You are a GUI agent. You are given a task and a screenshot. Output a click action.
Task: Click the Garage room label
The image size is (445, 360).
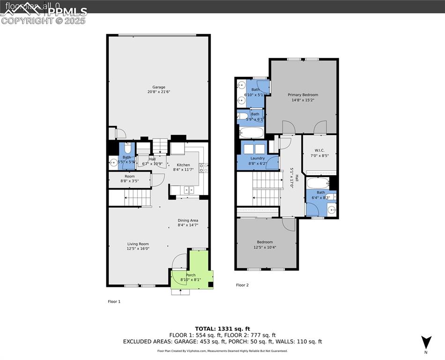pyautogui.click(x=158, y=90)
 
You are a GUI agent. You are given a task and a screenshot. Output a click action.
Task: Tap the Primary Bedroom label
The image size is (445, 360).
pyautogui.click(x=303, y=97)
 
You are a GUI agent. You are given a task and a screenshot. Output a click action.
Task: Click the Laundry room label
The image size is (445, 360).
pyautogui.click(x=257, y=161)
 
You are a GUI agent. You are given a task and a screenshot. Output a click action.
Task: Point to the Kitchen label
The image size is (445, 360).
pyautogui.click(x=183, y=167)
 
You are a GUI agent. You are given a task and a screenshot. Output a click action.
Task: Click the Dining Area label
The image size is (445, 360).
pyautogui.click(x=187, y=223)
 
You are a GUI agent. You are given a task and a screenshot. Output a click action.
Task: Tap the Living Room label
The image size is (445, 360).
pyautogui.click(x=138, y=246)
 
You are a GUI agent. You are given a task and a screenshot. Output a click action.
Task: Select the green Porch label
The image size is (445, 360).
pyautogui.click(x=191, y=277)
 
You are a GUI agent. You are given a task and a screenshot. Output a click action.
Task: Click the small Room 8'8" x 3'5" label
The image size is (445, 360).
pyautogui.click(x=129, y=179)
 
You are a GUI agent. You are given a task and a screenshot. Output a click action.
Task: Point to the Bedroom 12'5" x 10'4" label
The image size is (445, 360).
pyautogui.click(x=265, y=245)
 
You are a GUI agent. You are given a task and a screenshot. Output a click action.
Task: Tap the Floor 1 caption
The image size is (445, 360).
pyautogui.click(x=114, y=302)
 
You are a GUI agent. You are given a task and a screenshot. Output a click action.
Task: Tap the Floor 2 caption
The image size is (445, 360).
pyautogui.click(x=242, y=285)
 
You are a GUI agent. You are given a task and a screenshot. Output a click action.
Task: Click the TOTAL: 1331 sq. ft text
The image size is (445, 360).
pyautogui.click(x=222, y=329)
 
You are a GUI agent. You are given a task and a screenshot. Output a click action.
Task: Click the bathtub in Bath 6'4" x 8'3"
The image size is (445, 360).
pyautogui.click(x=318, y=182)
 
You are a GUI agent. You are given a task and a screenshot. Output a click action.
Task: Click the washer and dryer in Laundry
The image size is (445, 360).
pyautogui.click(x=253, y=149)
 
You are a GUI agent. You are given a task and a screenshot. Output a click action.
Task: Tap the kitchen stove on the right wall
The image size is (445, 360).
pyautogui.click(x=204, y=167)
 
